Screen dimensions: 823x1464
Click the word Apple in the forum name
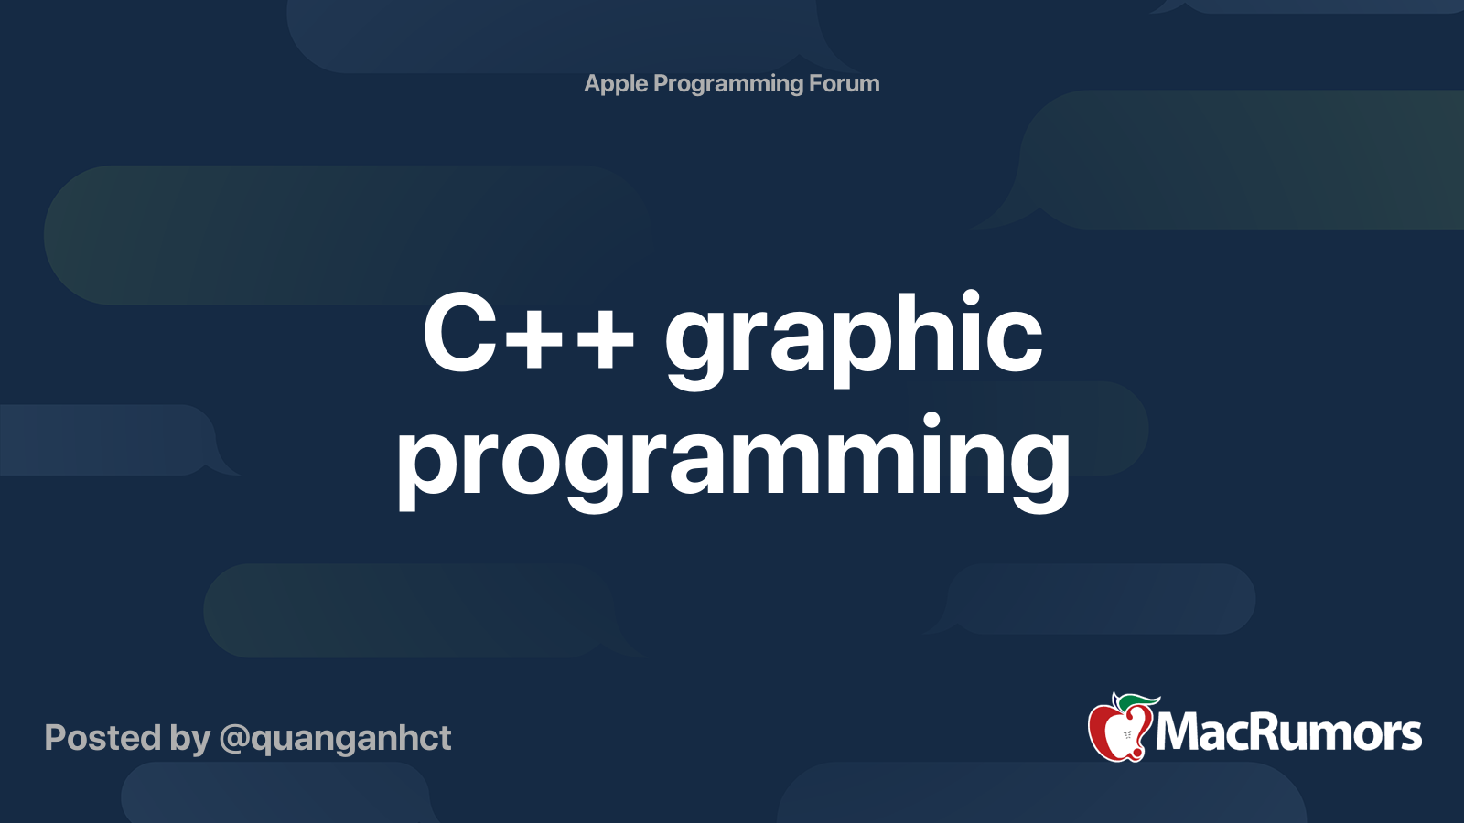[616, 84]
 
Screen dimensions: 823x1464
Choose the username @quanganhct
[335, 739]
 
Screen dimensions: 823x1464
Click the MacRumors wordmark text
[1288, 733]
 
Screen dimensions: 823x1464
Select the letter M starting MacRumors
[1177, 733]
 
